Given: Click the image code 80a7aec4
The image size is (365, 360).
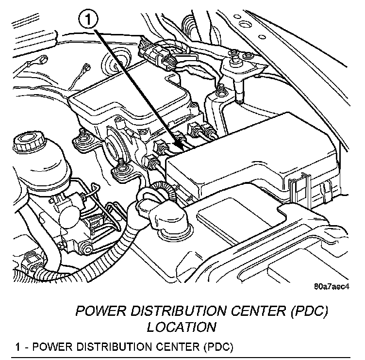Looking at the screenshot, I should (x=332, y=286).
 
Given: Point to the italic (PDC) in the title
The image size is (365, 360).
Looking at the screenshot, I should (x=313, y=311).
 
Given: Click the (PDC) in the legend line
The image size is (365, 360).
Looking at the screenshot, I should (x=219, y=347).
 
